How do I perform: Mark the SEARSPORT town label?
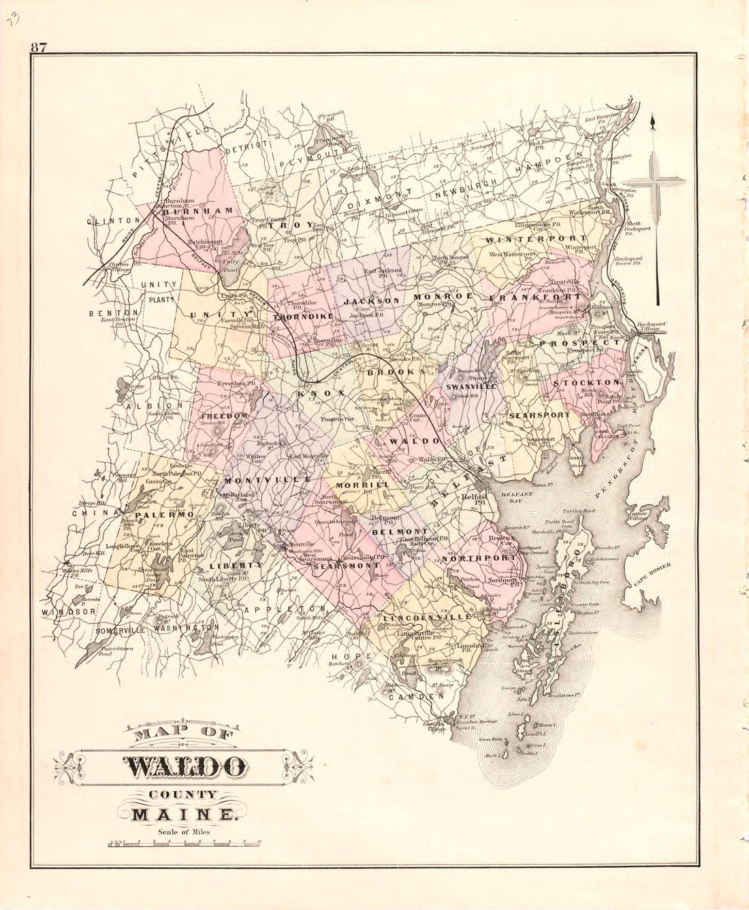(x=539, y=415)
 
